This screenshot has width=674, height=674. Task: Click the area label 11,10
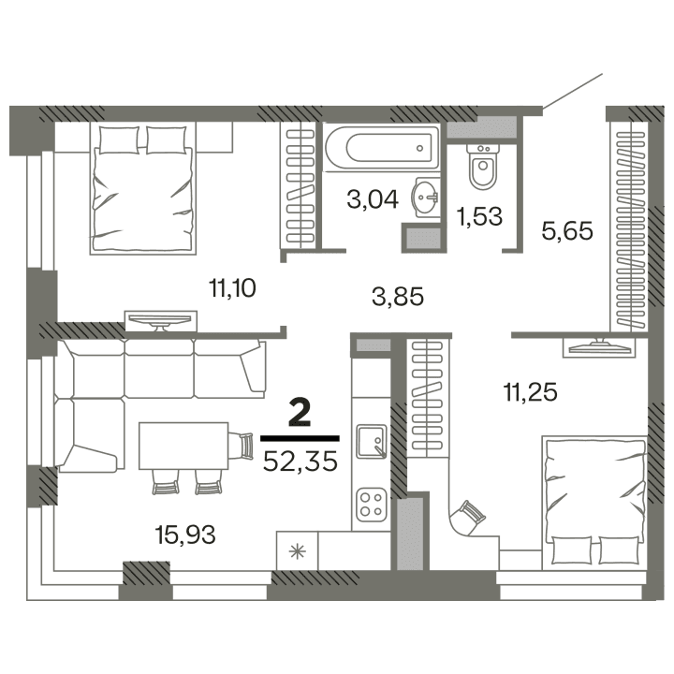233,288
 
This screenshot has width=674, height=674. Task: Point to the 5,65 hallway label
568,230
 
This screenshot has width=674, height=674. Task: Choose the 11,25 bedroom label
530,392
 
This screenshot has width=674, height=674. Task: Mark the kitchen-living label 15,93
185,535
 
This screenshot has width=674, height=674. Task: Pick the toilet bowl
484,169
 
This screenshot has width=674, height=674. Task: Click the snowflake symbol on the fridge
299,550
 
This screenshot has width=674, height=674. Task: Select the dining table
183,446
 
